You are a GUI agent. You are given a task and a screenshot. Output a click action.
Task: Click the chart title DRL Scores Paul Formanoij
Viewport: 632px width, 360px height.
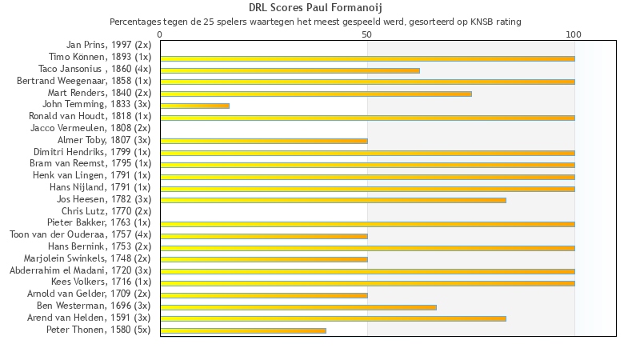[x=315, y=8]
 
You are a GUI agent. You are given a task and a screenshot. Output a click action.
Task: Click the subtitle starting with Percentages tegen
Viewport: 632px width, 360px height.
[x=315, y=22]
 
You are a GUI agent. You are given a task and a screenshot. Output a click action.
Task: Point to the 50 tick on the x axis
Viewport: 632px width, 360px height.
[x=367, y=34]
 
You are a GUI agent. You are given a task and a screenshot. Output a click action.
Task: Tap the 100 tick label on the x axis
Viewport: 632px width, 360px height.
[x=574, y=34]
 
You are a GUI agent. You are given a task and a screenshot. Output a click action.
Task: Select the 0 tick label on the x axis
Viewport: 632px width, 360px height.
[x=160, y=34]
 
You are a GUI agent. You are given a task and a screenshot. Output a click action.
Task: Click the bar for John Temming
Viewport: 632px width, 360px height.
[x=194, y=106]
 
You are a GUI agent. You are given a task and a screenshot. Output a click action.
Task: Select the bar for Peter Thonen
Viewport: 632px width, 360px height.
[x=243, y=330]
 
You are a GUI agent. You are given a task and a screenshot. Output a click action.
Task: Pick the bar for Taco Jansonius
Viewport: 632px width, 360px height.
[x=290, y=70]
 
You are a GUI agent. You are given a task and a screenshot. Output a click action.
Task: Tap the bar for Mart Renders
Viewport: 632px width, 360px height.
[x=316, y=94]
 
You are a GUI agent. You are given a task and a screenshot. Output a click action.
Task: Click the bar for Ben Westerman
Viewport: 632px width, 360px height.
[x=298, y=306]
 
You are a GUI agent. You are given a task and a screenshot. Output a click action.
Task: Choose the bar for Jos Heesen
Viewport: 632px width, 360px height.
[x=333, y=200]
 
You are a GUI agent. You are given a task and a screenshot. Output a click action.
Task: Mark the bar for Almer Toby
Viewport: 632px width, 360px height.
[x=264, y=141]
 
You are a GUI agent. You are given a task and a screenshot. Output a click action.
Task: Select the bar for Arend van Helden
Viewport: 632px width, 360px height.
[x=333, y=318]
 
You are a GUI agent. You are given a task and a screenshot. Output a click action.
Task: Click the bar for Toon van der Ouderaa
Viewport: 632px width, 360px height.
[x=264, y=236]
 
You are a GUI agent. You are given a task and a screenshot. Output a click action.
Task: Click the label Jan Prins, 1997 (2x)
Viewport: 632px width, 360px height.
[x=108, y=46]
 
